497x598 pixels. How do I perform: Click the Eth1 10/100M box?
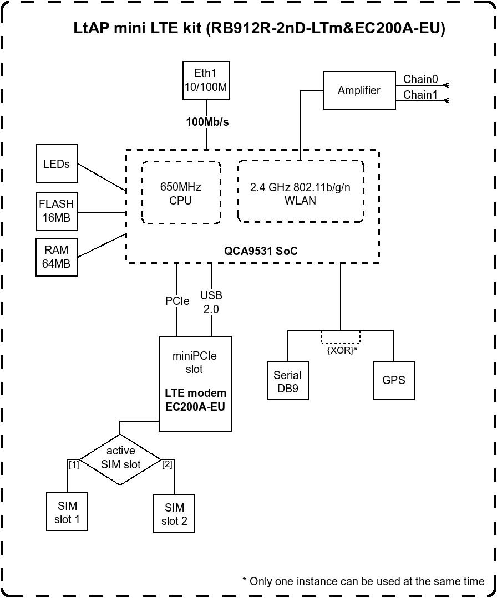[x=206, y=81]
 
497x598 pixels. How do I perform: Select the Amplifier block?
[x=359, y=90]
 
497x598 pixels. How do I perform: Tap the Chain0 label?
[x=420, y=79]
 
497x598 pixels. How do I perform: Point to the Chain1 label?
[x=420, y=95]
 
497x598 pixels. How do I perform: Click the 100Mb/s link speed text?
[x=207, y=122]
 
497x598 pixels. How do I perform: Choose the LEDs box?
[x=57, y=163]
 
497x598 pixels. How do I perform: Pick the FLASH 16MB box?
[x=57, y=211]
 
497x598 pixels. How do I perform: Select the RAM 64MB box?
[x=57, y=257]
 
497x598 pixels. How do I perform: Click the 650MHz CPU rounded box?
[x=181, y=193]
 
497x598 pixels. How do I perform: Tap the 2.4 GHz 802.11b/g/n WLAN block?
[x=300, y=193]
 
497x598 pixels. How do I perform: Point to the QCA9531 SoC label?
[x=261, y=251]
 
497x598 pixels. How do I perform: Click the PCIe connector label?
[x=177, y=301]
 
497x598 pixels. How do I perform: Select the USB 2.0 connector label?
[x=211, y=302]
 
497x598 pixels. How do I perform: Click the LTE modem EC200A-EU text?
[x=195, y=399]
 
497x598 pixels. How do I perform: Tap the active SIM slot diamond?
[x=120, y=458]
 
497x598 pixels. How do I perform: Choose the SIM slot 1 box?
[x=67, y=513]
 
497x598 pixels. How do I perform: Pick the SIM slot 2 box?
[x=174, y=514]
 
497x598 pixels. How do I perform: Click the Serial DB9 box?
[x=287, y=381]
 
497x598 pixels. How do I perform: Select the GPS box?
[x=393, y=380]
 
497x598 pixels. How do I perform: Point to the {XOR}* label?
[x=341, y=350]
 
